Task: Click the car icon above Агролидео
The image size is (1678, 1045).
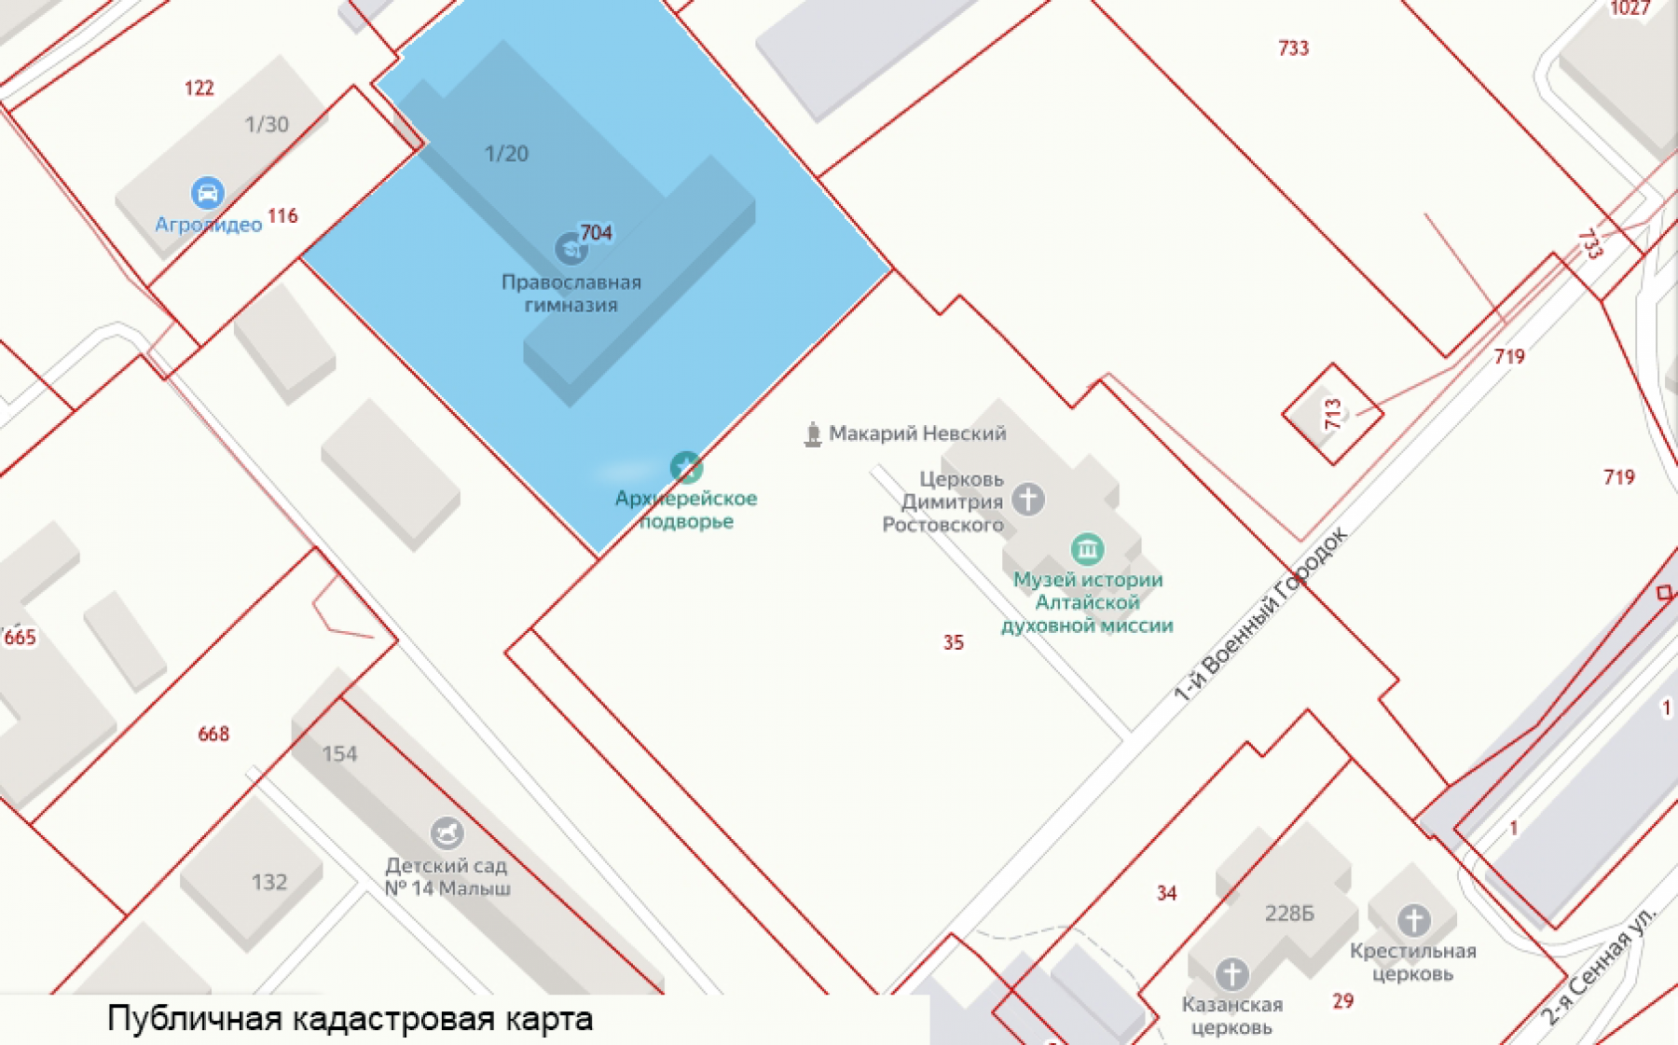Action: (207, 193)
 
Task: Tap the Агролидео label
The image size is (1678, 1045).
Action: (208, 225)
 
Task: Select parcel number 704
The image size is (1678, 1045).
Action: (596, 232)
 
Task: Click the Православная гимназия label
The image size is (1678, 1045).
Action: (571, 294)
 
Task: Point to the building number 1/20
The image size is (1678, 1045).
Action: (506, 154)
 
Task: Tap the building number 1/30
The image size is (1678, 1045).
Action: (267, 124)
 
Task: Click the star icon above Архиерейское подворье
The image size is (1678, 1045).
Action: (686, 467)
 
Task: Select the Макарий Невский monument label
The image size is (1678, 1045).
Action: (917, 433)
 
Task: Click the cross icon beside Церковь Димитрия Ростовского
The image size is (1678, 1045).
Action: (1028, 499)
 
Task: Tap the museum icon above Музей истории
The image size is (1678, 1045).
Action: (1087, 549)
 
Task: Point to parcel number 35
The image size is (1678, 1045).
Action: (953, 642)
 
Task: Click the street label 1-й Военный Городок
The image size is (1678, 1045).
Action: (1260, 615)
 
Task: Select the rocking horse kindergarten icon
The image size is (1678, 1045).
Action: (447, 832)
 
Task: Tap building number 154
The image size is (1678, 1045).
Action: (339, 753)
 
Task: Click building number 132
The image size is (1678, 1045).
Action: (269, 882)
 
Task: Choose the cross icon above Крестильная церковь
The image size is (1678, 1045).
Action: (1413, 920)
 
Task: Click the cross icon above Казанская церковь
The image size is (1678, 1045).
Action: (1231, 974)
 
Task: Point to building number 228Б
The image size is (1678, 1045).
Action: (1289, 914)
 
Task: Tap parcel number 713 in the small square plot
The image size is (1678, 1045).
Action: (1333, 414)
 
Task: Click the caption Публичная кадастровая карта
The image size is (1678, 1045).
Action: (350, 1019)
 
